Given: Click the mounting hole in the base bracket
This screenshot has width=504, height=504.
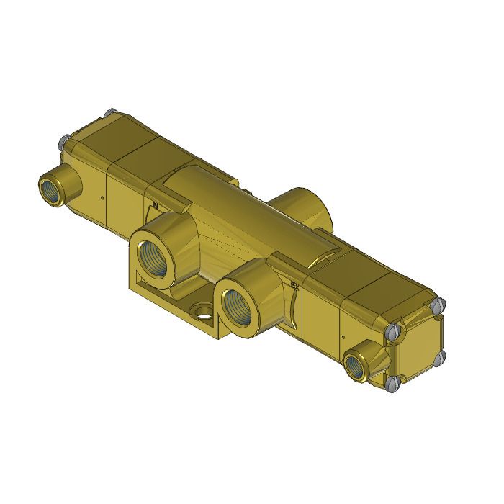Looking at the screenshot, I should coord(203,313).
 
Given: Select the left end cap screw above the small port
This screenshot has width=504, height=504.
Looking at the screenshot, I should coord(63,141).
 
